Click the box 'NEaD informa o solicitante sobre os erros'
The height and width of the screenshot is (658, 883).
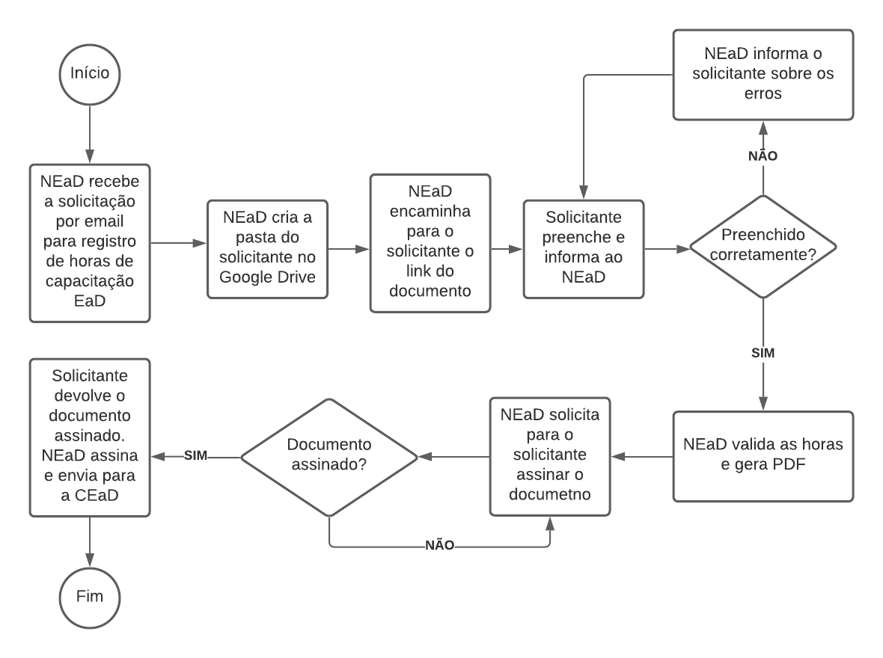click(x=763, y=75)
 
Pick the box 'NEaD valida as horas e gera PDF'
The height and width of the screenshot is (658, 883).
click(x=763, y=455)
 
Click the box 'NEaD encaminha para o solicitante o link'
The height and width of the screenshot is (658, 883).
click(x=430, y=243)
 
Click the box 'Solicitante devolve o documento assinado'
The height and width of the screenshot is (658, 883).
click(x=90, y=438)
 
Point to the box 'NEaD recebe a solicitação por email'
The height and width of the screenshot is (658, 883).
click(x=90, y=243)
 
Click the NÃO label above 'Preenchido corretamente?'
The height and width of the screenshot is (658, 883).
click(x=763, y=156)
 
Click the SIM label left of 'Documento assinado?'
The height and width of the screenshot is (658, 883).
click(x=195, y=455)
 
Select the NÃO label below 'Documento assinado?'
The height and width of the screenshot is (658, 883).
click(x=439, y=546)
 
